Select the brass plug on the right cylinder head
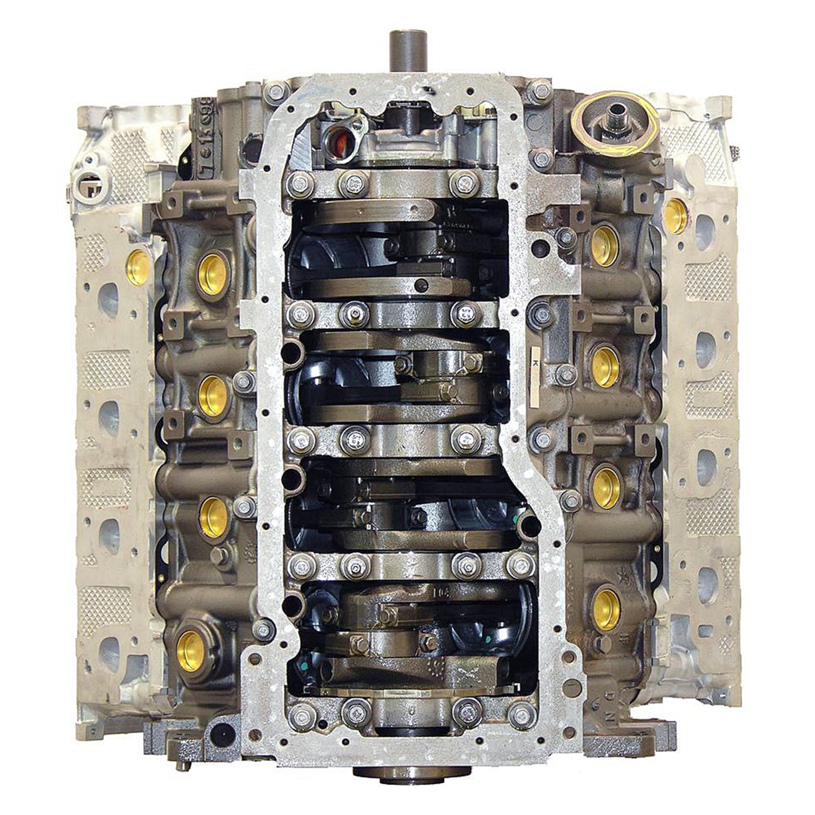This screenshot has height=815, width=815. pos(675,216)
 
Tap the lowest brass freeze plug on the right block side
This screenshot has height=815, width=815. pos(606,609)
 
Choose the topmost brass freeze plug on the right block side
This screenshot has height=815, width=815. pos(605,245)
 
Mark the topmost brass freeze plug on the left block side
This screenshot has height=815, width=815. pos(213,274)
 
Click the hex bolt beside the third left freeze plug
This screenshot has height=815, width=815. pos(244,506)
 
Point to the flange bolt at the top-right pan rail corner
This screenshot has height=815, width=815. pos(540,90)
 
